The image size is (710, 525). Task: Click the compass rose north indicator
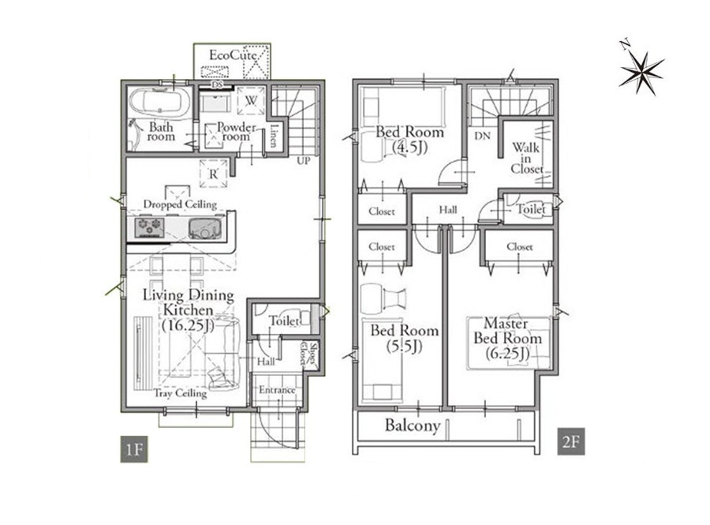click(641, 71)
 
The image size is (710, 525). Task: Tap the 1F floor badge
click(134, 449)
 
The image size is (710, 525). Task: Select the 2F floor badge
click(571, 441)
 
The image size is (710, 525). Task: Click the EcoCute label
click(233, 56)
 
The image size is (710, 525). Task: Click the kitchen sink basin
click(206, 228)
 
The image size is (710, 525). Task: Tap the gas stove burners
click(150, 227)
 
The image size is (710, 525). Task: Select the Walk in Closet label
click(527, 158)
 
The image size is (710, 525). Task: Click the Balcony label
click(413, 426)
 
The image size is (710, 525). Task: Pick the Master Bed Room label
click(507, 338)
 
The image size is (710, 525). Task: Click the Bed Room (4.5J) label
click(409, 139)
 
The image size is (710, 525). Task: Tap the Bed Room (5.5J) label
click(405, 338)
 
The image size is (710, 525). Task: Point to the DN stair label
click(482, 136)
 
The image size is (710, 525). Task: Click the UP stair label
click(304, 160)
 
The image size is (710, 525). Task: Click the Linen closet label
click(273, 136)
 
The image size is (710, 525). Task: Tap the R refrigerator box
click(213, 173)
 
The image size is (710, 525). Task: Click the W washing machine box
click(251, 100)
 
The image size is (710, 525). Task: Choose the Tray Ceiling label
click(180, 393)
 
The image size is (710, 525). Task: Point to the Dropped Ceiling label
click(180, 204)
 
